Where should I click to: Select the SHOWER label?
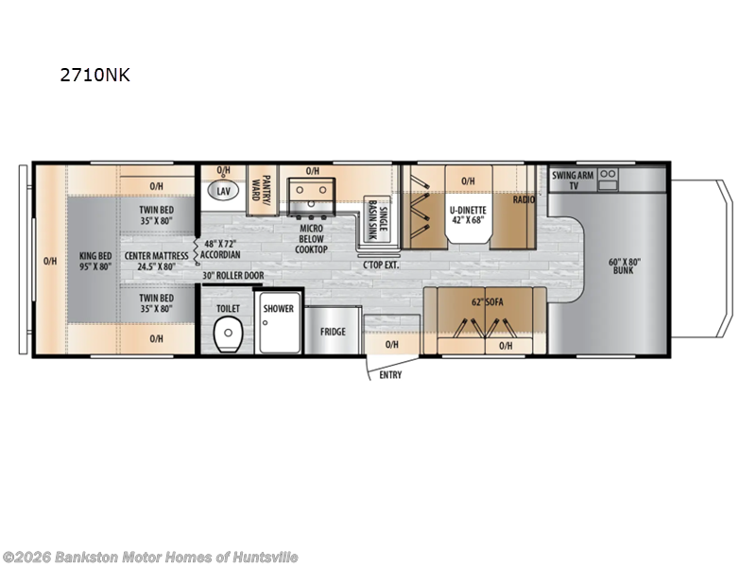(278, 309)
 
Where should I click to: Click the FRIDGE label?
(332, 332)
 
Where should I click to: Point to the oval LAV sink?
(223, 191)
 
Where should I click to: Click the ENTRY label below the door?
(389, 375)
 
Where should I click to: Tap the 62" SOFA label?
(485, 304)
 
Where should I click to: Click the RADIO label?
(524, 200)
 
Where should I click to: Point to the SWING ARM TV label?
(573, 180)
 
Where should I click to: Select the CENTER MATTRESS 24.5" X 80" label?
(156, 261)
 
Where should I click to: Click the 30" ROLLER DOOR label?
(233, 276)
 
